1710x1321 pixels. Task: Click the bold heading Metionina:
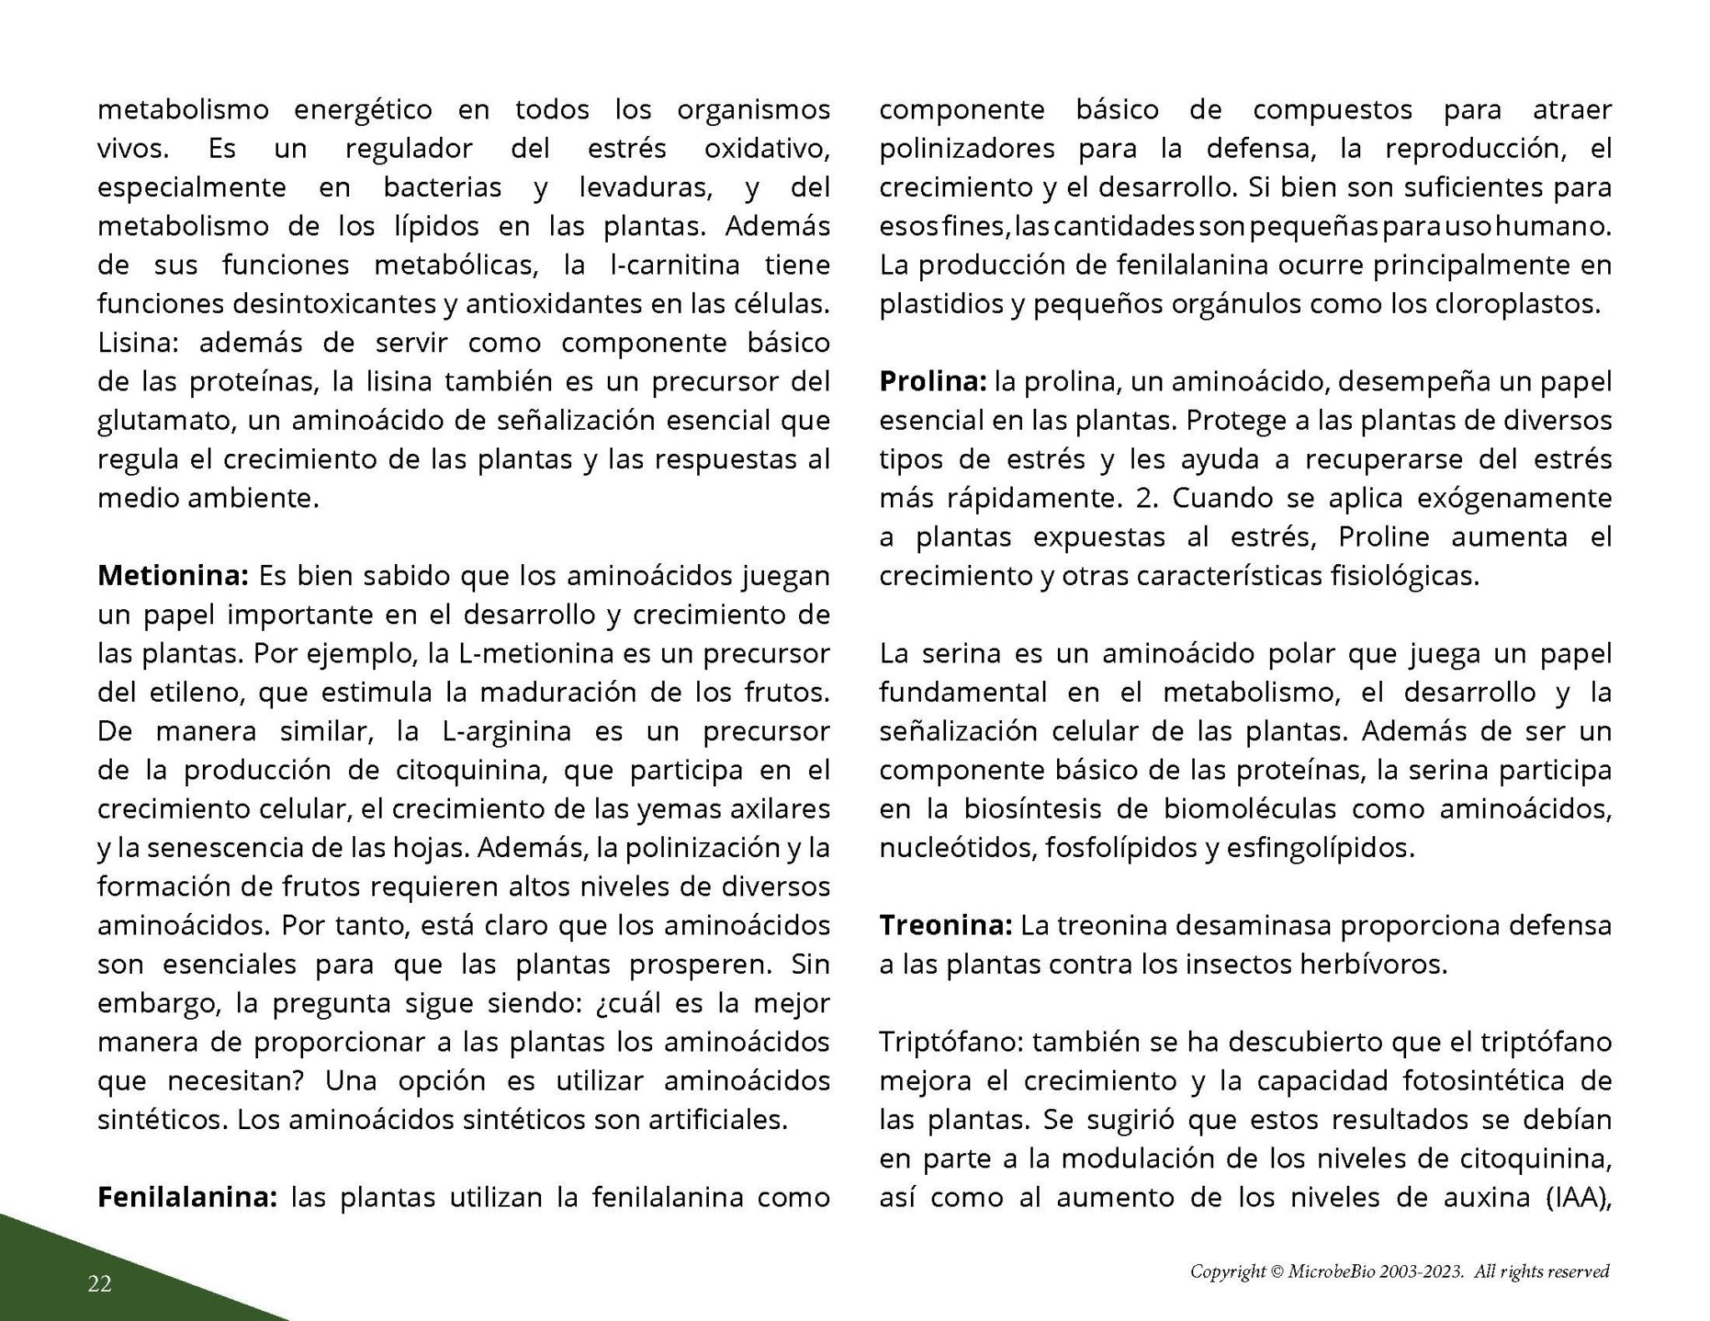(173, 576)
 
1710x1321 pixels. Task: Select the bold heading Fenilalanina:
(187, 1197)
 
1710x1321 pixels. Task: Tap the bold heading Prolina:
(933, 382)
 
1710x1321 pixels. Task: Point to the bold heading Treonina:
(946, 925)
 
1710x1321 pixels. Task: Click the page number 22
(99, 1283)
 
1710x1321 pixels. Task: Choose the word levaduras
(646, 187)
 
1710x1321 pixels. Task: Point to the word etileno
(183, 693)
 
